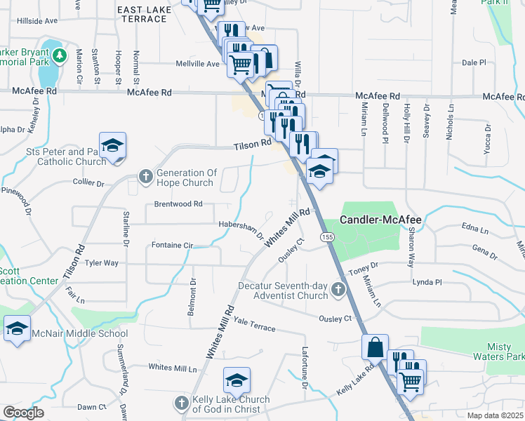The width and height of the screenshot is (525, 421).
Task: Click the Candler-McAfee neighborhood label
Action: (380, 220)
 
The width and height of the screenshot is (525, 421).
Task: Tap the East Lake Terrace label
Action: (142, 13)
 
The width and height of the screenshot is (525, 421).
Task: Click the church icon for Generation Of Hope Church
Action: (145, 175)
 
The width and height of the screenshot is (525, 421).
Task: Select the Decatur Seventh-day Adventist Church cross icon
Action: (338, 289)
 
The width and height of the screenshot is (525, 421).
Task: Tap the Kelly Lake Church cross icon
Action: (181, 403)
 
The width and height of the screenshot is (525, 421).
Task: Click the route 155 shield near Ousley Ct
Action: (327, 238)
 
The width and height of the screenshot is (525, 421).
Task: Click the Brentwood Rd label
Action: (178, 204)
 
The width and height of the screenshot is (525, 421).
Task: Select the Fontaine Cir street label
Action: (172, 246)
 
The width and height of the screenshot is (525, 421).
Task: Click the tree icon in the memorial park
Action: (60, 54)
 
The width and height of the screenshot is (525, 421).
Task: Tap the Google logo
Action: (23, 412)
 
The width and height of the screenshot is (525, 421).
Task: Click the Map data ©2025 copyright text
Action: (495, 415)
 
